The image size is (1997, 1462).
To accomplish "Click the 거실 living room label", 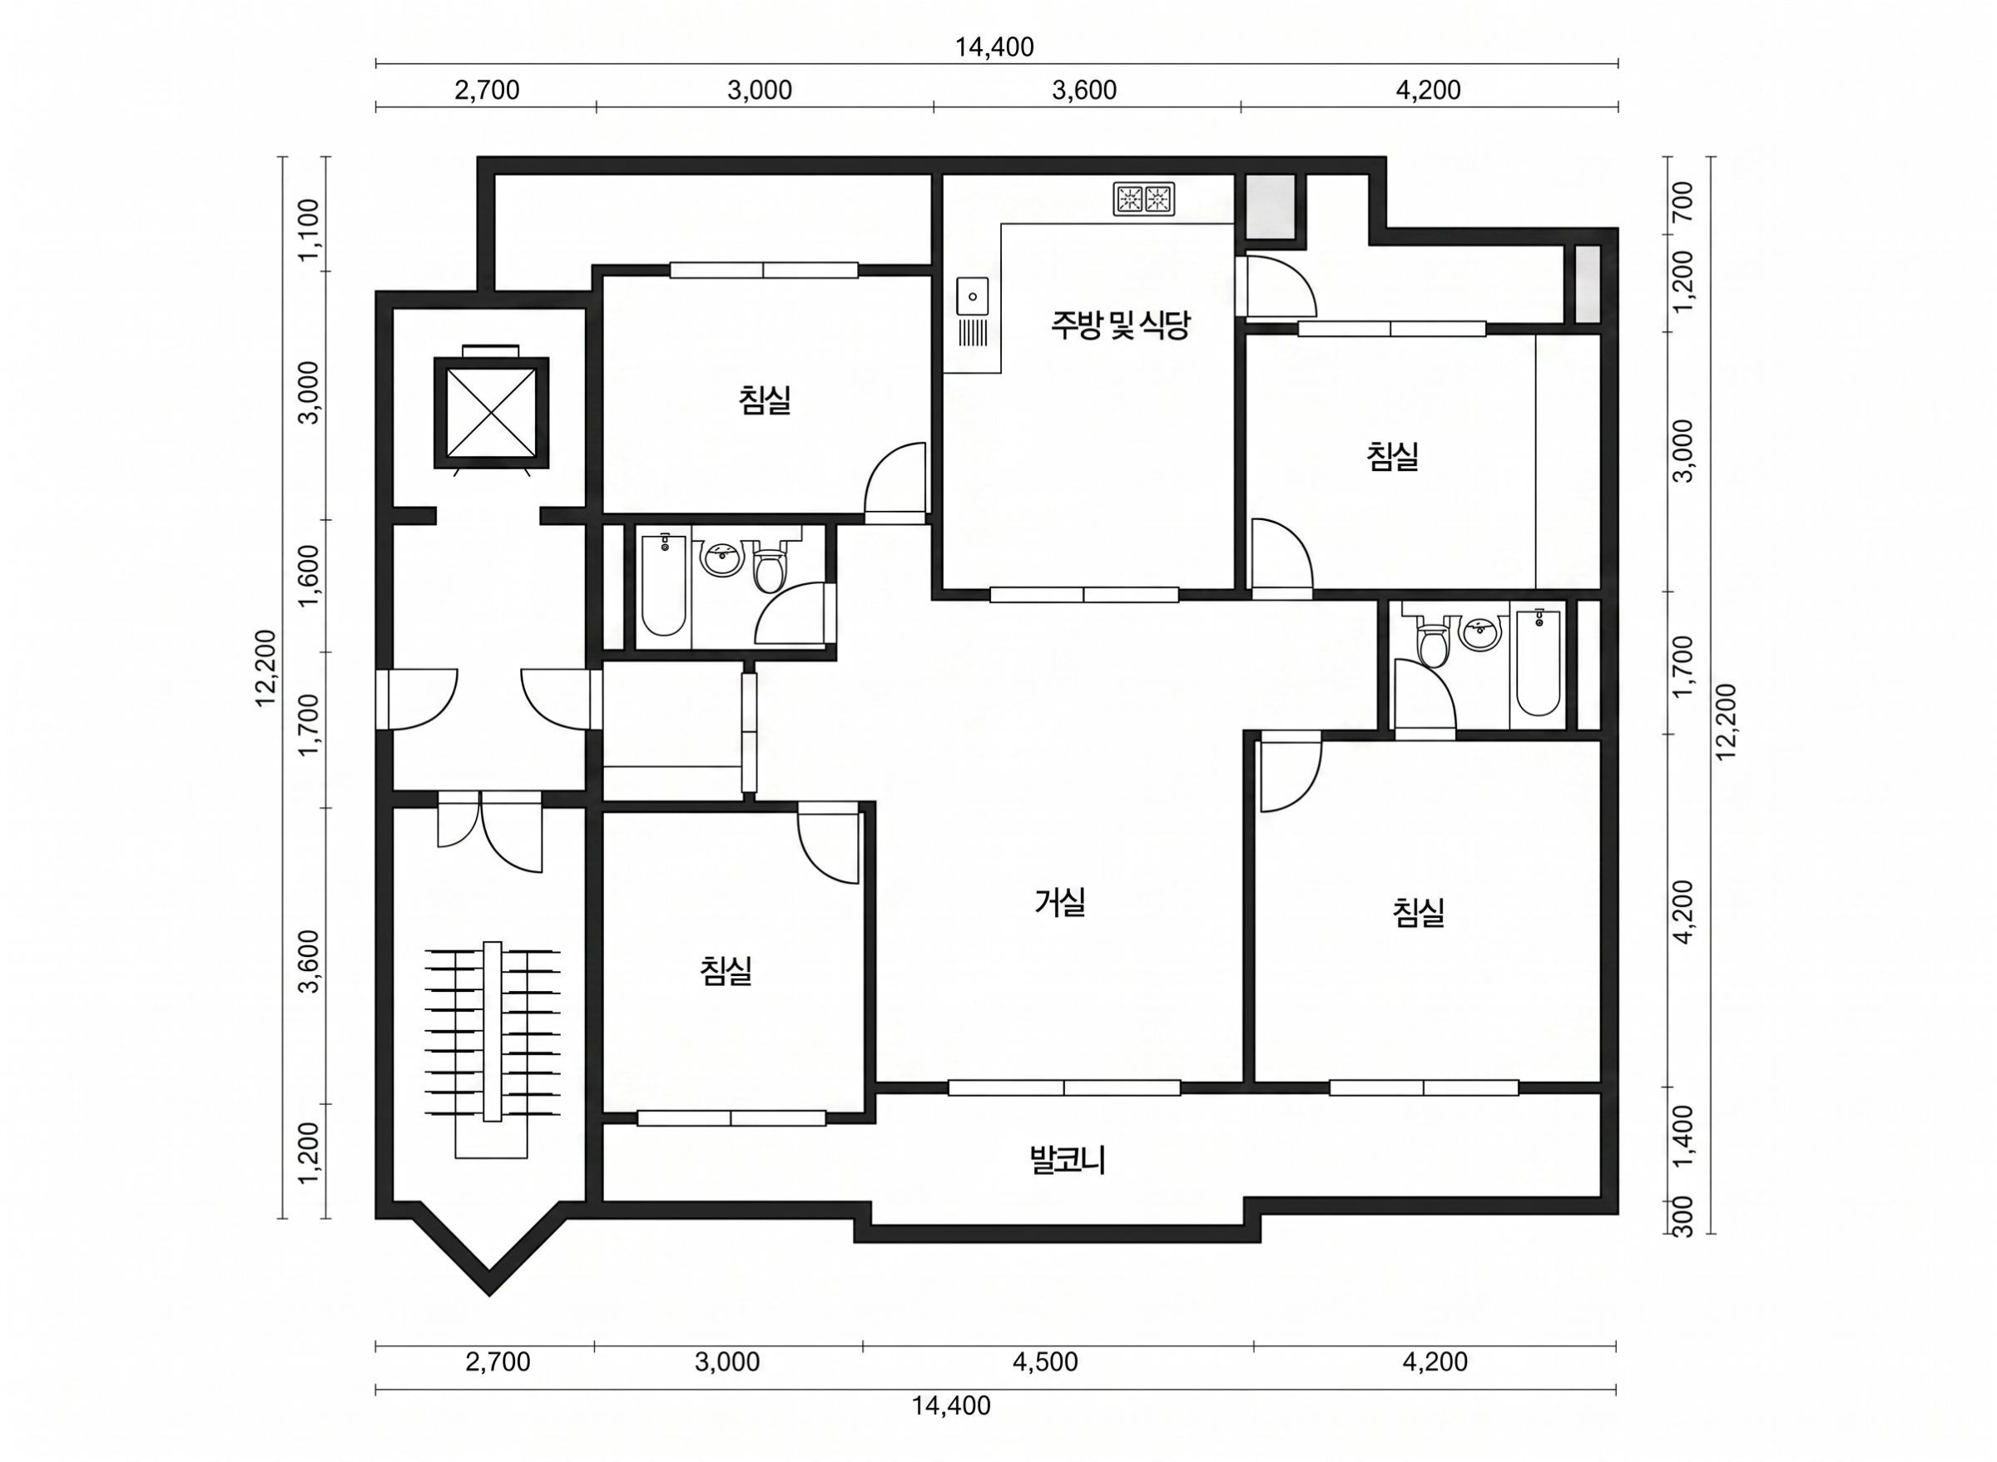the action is [x=1059, y=902].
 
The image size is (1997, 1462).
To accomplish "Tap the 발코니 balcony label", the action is [x=1068, y=1159].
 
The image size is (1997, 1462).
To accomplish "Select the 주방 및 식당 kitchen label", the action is [x=1120, y=325].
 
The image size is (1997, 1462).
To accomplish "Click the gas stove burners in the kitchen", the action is [x=1144, y=199].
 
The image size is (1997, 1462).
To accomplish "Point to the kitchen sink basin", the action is [x=973, y=295].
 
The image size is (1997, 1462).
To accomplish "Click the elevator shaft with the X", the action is [x=491, y=413].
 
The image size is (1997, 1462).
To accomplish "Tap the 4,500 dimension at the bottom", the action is [x=1045, y=1362].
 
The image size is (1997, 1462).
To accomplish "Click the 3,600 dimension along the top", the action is [x=1084, y=90].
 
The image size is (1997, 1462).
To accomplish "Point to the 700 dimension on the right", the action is [x=1684, y=201].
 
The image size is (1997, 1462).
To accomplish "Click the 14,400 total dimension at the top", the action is [x=994, y=47].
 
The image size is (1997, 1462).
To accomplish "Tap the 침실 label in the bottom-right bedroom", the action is [x=1419, y=913].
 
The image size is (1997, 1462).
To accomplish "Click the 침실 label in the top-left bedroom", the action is [x=765, y=399].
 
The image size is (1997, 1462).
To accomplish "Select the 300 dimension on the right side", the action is [x=1684, y=1217].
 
